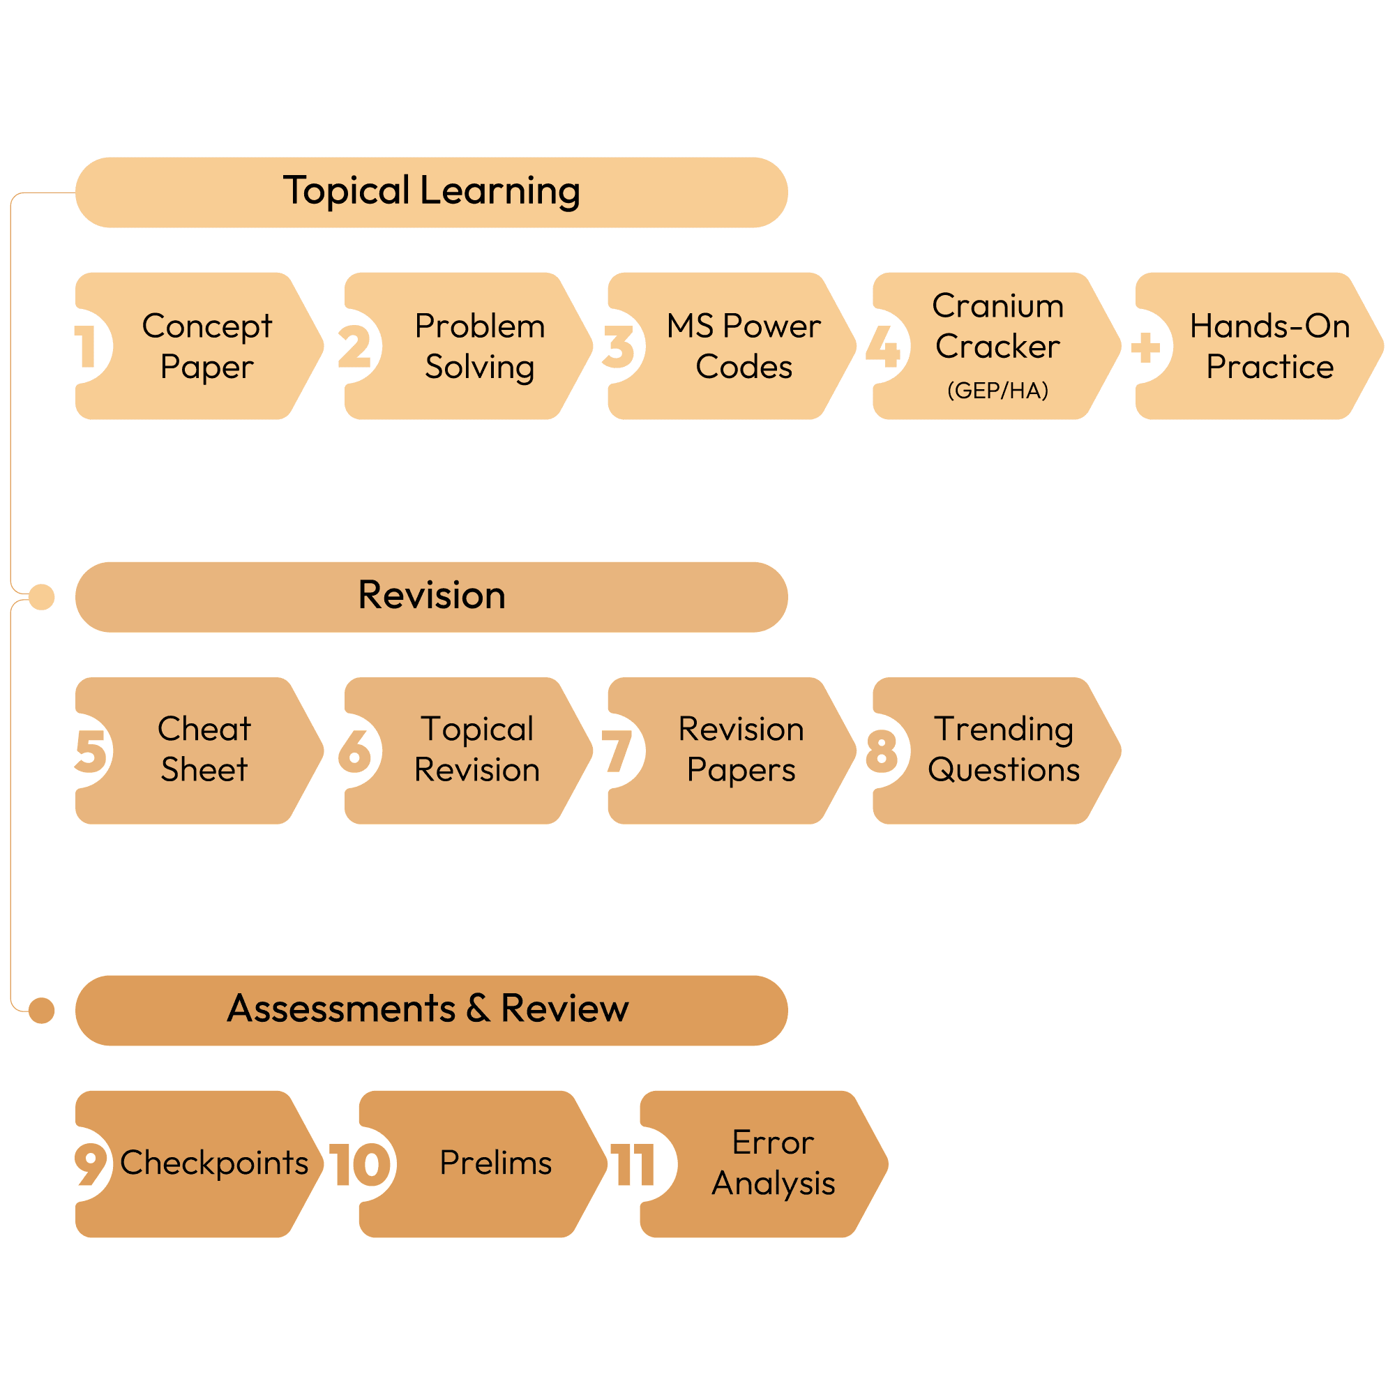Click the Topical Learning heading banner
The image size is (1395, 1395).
pos(431,192)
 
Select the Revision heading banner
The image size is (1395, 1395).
pos(431,597)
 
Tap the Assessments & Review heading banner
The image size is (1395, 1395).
pos(431,1010)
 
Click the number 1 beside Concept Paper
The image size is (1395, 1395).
pos(86,347)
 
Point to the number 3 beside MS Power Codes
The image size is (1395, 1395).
pos(618,347)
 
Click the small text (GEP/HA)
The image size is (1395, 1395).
pos(997,391)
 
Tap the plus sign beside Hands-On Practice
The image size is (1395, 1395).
pos(1145,347)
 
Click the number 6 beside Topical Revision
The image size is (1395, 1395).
pos(354,751)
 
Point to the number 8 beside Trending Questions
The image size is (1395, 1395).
pos(882,751)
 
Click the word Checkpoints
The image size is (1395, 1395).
pos(213,1163)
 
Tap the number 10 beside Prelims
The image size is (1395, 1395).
pos(360,1165)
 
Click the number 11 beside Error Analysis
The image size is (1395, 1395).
pos(633,1165)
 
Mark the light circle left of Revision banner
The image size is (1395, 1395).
pos(42,597)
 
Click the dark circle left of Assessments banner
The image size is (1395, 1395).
pos(42,1010)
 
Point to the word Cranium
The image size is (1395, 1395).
pos(997,306)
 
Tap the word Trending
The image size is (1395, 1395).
pos(1003,729)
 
